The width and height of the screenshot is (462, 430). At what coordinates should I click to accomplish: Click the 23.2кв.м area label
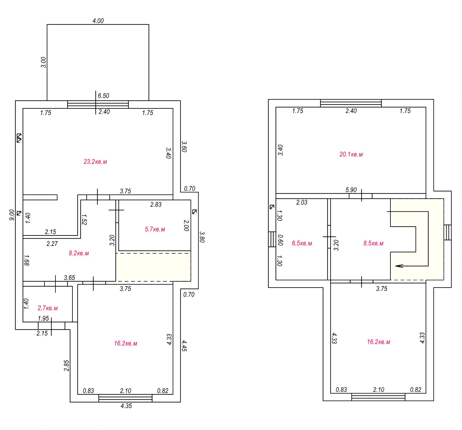point(95,162)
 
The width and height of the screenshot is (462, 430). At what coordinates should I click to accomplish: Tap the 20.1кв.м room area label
point(351,154)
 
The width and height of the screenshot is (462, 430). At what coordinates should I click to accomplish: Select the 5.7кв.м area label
point(155,229)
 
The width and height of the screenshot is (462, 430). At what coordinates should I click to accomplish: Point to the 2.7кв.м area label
point(48,308)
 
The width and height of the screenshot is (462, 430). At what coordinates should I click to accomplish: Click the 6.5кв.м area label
point(302,243)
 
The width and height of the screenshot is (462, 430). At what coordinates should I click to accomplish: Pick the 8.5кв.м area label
point(373,243)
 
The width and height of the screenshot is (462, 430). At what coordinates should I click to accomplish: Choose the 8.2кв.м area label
point(79,253)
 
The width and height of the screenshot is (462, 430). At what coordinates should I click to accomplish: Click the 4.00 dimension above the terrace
point(98,21)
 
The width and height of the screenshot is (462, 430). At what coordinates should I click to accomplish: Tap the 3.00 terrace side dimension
point(43,62)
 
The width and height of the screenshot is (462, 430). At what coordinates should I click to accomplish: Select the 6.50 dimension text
point(103,96)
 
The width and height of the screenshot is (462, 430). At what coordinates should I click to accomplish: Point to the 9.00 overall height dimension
point(12,215)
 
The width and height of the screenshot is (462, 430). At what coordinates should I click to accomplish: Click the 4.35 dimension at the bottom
point(126,406)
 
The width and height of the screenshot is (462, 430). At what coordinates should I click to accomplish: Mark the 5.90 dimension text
point(351,190)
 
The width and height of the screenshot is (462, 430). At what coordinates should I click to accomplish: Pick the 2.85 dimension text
point(66,366)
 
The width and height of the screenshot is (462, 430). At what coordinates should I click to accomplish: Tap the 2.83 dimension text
point(156,205)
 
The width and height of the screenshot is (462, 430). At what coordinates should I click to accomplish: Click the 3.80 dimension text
point(202,237)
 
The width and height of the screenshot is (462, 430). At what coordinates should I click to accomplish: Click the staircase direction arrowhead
point(399,266)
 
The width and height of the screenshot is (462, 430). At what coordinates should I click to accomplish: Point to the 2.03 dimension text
point(302,202)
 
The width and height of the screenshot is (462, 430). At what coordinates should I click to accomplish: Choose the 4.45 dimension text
point(184,346)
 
